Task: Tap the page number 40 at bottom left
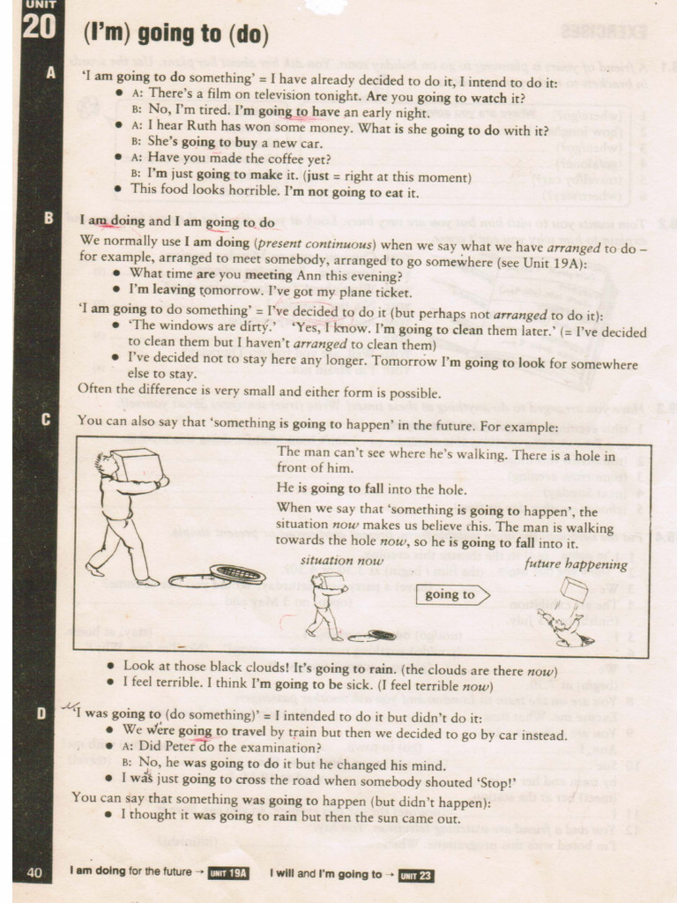(x=35, y=873)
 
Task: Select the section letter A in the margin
(x=49, y=74)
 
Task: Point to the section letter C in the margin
(x=47, y=420)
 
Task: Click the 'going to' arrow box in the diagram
(x=451, y=594)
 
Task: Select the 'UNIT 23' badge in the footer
(x=415, y=875)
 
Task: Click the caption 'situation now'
(x=341, y=561)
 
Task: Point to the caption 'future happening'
(x=576, y=564)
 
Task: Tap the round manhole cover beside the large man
(x=237, y=574)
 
